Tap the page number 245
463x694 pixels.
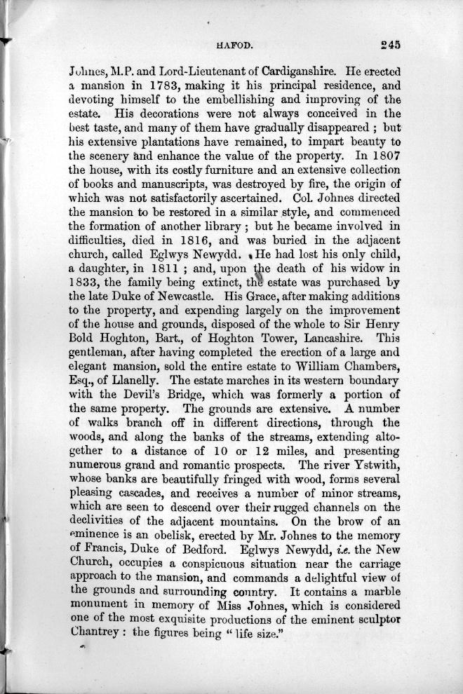[387, 44]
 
